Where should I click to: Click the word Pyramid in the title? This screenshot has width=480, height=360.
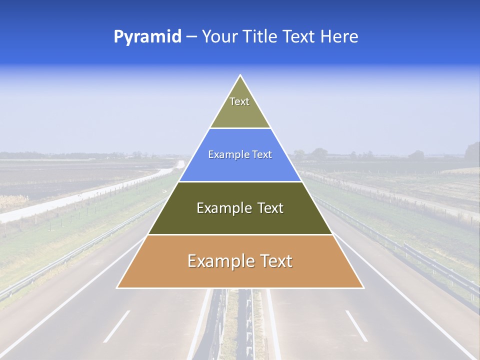point(147,37)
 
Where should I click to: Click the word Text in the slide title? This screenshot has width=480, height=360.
point(299,37)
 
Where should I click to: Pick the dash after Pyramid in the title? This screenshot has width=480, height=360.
point(191,37)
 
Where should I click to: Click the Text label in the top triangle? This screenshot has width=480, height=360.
point(239,101)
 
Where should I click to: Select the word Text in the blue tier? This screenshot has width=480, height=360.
point(262,155)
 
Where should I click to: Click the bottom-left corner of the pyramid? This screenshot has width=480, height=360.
point(117,287)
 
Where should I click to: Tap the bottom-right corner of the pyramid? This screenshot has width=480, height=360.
point(363,287)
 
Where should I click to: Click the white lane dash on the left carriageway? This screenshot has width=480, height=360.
point(117,326)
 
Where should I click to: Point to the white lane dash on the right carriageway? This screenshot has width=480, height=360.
point(356,325)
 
